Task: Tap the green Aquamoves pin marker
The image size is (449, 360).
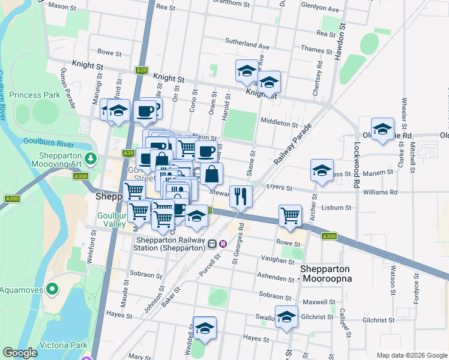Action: pyautogui.click(x=52, y=290)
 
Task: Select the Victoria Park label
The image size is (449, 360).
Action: pyautogui.click(x=63, y=345)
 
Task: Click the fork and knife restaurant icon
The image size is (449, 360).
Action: pyautogui.click(x=241, y=196)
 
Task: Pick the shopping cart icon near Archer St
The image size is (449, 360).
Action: pyautogui.click(x=291, y=215)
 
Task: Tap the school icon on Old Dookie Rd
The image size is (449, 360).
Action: pyautogui.click(x=382, y=130)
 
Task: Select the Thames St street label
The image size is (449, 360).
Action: pyautogui.click(x=312, y=49)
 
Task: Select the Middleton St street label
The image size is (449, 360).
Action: pyautogui.click(x=279, y=122)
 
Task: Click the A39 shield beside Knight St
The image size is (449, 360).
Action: pyautogui.click(x=141, y=70)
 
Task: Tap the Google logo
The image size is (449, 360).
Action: pyautogui.click(x=20, y=353)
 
